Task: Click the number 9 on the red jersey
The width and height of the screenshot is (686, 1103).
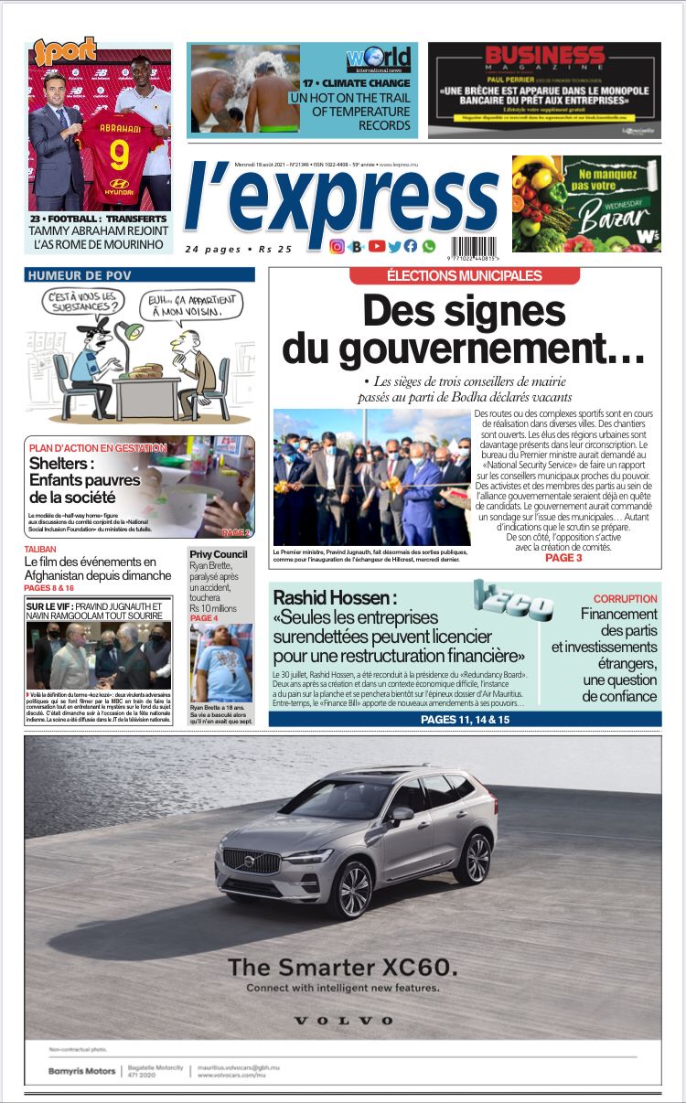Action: coord(119,155)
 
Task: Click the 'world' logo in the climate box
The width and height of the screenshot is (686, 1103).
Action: coord(378,59)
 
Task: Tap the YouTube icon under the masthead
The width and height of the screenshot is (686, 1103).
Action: coord(376,246)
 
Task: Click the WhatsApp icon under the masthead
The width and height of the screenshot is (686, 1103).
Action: coord(428,246)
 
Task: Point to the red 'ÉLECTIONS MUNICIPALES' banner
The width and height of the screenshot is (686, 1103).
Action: coord(465,275)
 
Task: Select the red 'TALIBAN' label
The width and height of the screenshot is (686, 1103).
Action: coord(42,550)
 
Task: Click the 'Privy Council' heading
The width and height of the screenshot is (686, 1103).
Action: coord(218,554)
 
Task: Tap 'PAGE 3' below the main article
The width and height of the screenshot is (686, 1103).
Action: coord(563,557)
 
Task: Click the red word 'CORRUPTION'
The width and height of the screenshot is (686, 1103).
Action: coord(625,599)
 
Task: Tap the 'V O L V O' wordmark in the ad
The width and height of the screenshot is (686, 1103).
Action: coord(343,1020)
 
